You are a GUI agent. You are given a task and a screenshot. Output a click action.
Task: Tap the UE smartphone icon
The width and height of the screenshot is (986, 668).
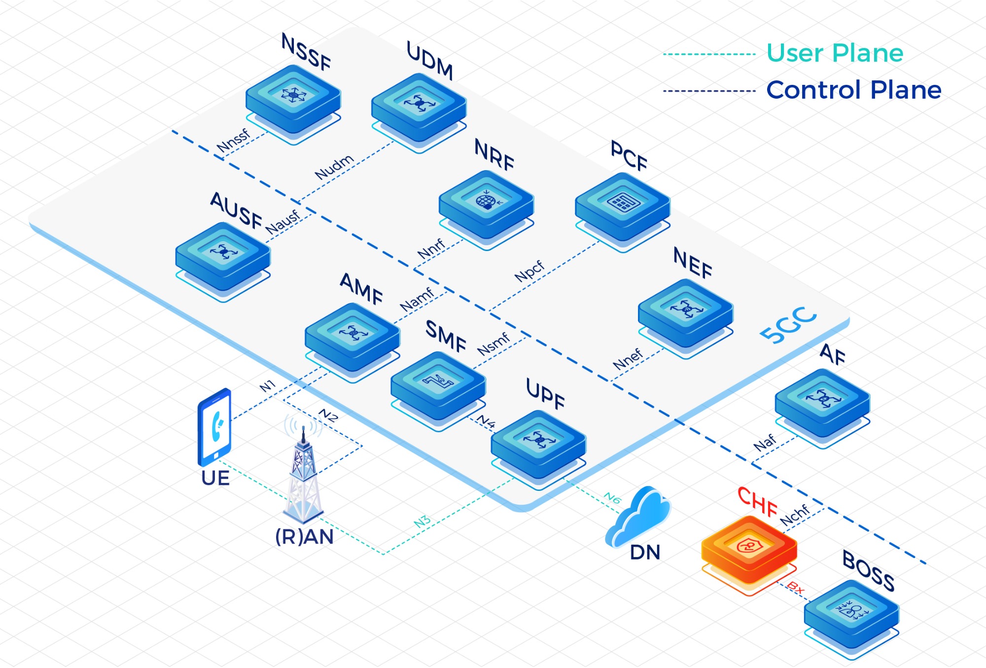point(214,427)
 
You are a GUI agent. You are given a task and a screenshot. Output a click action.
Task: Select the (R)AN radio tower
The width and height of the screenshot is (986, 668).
point(304,474)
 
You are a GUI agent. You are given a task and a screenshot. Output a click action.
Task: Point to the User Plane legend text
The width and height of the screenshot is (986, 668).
point(835,53)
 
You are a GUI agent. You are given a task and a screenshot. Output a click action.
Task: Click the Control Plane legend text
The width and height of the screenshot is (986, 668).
point(853,90)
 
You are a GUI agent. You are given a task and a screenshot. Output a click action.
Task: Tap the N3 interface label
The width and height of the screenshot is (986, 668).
point(423,522)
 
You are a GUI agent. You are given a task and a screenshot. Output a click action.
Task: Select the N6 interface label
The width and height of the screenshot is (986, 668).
point(612,498)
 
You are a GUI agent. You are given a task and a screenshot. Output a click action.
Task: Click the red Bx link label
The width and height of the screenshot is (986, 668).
point(795,588)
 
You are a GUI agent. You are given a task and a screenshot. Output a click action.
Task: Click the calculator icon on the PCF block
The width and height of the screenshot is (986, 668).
point(623,202)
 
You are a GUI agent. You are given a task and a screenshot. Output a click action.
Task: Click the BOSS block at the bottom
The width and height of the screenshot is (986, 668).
point(851,613)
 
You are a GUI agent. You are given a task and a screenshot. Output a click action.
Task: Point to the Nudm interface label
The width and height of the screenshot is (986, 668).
point(335,167)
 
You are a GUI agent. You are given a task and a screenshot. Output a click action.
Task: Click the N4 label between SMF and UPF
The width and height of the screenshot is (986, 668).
point(486,422)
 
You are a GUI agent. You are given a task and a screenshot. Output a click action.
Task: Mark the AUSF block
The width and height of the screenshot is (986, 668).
point(223,254)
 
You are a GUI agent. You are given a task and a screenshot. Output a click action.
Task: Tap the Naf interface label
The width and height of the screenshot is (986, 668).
point(765,443)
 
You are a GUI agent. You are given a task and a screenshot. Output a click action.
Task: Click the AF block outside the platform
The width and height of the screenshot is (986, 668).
point(822,401)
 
